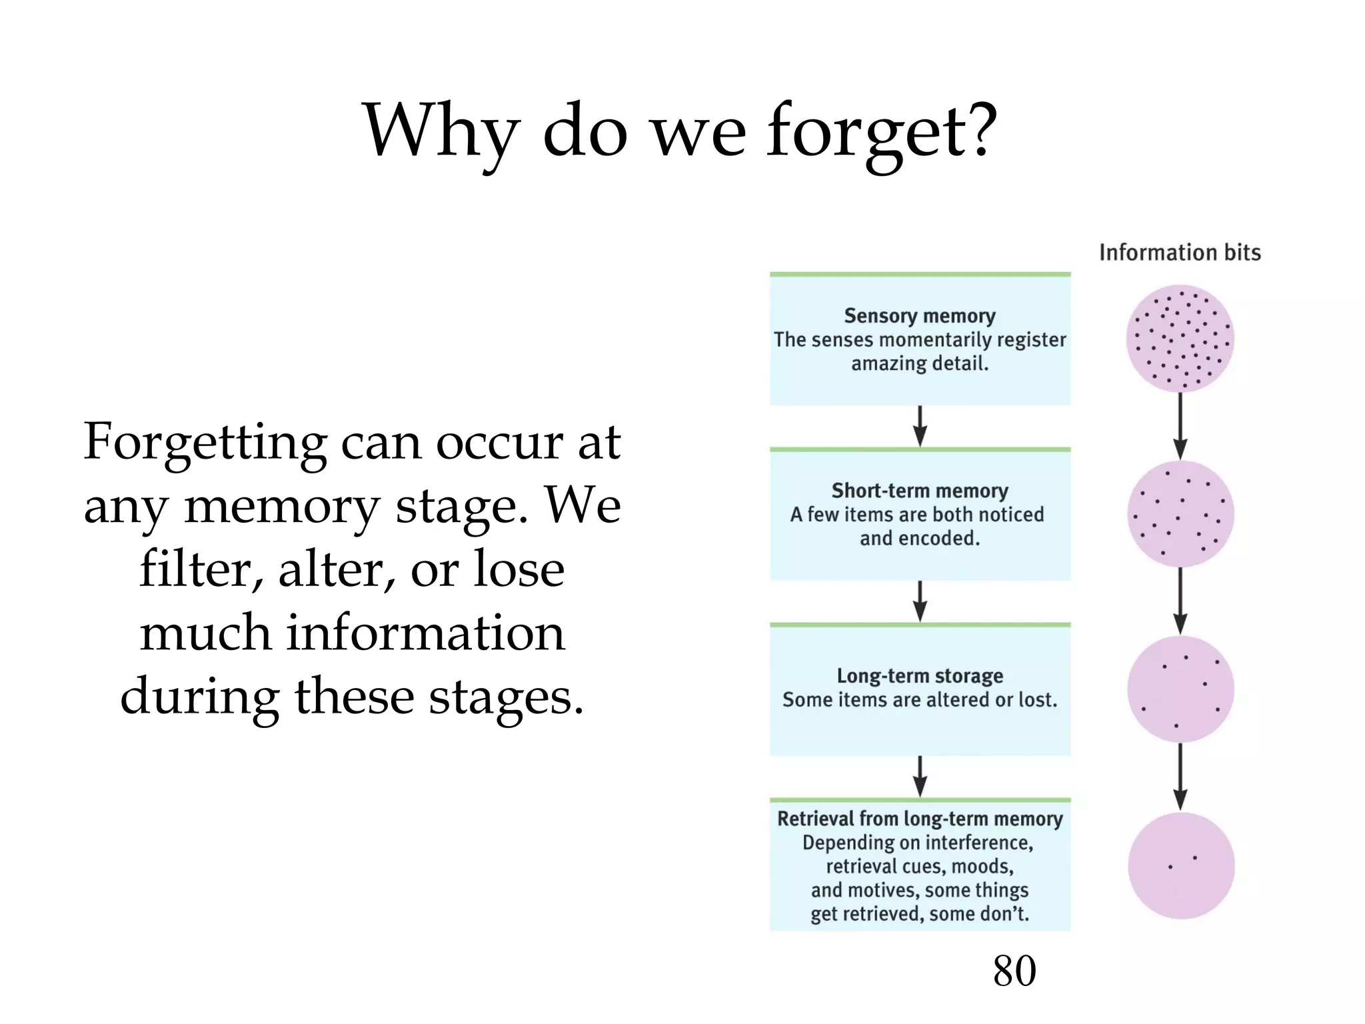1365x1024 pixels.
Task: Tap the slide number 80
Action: tap(1014, 971)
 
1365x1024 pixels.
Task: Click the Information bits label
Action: tap(1180, 253)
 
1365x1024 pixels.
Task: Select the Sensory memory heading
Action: tap(920, 315)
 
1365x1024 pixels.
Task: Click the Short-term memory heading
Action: tap(920, 491)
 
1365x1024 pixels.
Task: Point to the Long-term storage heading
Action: tap(920, 675)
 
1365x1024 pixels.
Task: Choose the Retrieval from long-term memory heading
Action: tap(920, 819)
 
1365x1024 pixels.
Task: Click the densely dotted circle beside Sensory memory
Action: tap(1180, 339)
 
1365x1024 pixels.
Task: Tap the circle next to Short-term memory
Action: tap(1180, 514)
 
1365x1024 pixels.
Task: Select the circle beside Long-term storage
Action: tap(1180, 689)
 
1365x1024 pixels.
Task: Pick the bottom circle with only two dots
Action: tap(1181, 865)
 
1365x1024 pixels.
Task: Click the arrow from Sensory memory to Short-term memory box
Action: tap(920, 426)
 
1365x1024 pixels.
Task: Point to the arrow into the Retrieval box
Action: tap(920, 776)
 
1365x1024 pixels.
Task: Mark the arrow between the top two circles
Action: tap(1180, 426)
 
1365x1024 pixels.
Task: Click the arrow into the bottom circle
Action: tap(1180, 777)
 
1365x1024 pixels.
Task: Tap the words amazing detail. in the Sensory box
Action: tap(920, 363)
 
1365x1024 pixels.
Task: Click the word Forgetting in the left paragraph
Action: tap(205, 443)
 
